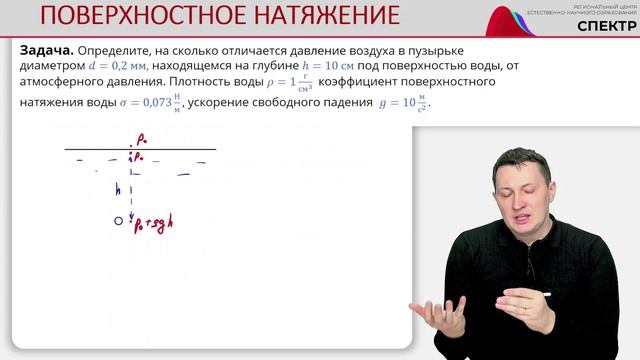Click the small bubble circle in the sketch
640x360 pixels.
click(x=118, y=221)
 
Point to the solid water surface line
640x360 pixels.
click(x=140, y=150)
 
